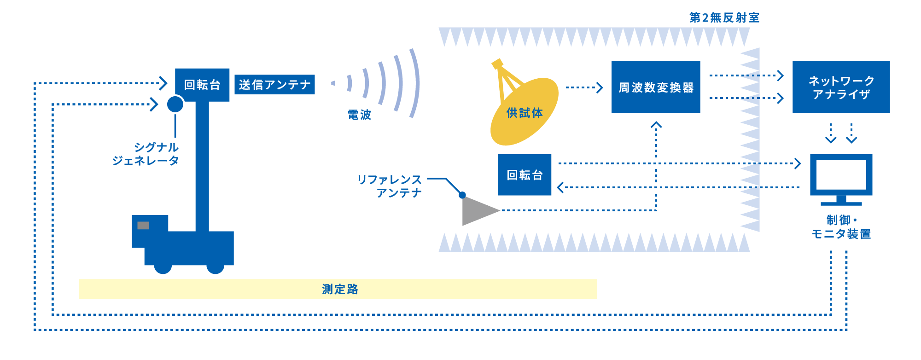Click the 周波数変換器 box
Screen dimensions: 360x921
click(655, 87)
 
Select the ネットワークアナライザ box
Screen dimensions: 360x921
click(841, 87)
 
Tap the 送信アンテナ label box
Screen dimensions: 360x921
click(274, 85)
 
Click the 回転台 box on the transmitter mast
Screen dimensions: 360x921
click(202, 85)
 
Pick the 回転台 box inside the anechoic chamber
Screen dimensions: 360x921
click(525, 175)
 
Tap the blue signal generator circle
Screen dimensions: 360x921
click(175, 104)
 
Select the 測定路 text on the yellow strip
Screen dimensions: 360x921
click(340, 289)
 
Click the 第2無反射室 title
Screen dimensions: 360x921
click(724, 18)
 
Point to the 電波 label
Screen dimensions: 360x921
click(359, 115)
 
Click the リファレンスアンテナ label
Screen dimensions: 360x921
click(391, 186)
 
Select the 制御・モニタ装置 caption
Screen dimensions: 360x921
click(841, 227)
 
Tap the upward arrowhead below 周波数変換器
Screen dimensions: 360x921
click(656, 125)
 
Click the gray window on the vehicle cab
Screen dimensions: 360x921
click(143, 226)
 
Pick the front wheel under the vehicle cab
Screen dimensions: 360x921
click(163, 266)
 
